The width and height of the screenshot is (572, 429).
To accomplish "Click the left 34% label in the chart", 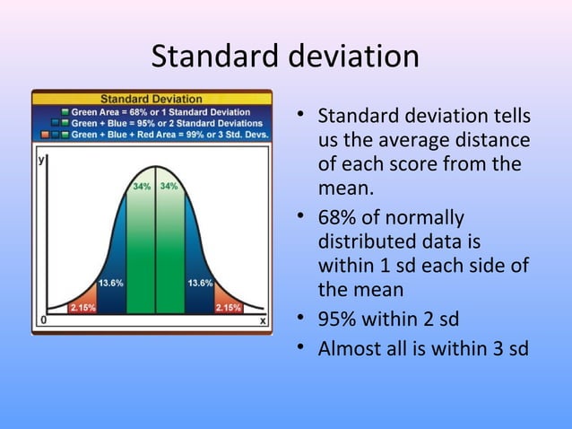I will (x=142, y=187).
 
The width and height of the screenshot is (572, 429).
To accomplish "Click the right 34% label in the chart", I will (x=169, y=187).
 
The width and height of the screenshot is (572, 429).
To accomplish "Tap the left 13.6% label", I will (x=111, y=283).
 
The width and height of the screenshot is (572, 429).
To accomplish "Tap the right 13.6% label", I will (x=200, y=283).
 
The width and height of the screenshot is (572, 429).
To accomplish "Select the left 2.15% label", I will (x=83, y=307).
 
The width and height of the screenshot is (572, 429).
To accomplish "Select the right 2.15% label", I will (x=227, y=307).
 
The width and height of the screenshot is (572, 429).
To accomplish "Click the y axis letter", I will (x=40, y=160).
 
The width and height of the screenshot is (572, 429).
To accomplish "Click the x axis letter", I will (x=262, y=320).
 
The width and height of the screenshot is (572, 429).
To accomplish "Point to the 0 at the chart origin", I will (x=41, y=320).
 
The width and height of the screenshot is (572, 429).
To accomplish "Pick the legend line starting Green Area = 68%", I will (x=160, y=111).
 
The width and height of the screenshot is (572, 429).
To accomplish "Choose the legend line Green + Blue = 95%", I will (x=167, y=122).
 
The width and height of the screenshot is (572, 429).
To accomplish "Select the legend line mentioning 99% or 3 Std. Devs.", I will (x=169, y=133).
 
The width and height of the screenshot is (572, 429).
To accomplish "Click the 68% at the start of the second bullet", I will (x=337, y=218).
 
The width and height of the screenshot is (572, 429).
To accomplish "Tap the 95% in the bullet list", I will (x=337, y=319).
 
